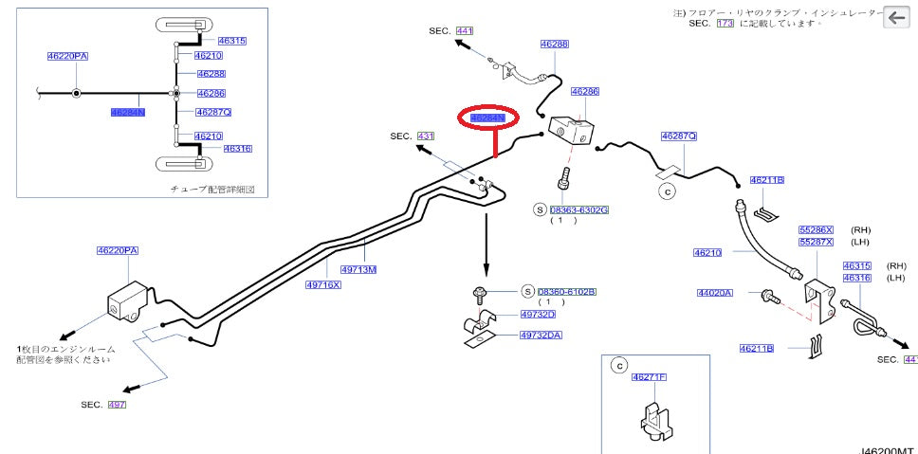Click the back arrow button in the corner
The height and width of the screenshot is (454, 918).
pos(895,17)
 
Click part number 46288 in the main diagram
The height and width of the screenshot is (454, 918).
pos(555,44)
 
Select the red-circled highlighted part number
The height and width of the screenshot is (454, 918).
pos(489,118)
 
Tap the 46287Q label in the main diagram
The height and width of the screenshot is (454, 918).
pos(679,136)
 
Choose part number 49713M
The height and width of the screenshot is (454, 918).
pos(359,269)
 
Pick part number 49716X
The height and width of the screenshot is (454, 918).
pos(322,283)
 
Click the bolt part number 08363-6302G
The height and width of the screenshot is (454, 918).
pos(578,209)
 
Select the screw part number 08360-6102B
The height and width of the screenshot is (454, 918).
pos(566,292)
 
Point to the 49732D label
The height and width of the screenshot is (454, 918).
pos(538,315)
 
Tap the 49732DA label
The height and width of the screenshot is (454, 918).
pos(541,335)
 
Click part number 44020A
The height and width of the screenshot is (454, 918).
pos(715,294)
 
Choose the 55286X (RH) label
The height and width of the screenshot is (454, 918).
pos(815,230)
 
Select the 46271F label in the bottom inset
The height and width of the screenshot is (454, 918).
pos(650,377)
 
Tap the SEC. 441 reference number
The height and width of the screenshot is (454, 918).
pos(464,30)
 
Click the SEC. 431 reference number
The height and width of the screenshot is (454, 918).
pos(425,136)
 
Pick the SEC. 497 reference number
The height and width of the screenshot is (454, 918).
pos(117,405)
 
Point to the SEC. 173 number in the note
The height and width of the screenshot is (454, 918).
pos(725,22)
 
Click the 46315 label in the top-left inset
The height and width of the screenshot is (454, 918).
pos(231,41)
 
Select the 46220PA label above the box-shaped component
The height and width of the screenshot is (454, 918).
pos(117,251)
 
